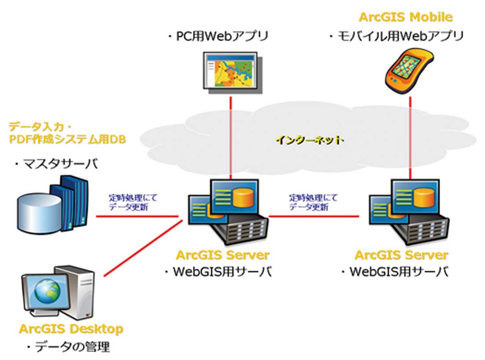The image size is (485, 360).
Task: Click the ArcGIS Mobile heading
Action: [x=405, y=17]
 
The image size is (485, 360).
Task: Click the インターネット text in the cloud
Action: [x=309, y=140]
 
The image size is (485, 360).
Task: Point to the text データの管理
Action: [x=70, y=347]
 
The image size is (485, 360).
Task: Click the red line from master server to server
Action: [x=136, y=216]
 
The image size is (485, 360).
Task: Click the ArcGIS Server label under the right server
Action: [x=401, y=255]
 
